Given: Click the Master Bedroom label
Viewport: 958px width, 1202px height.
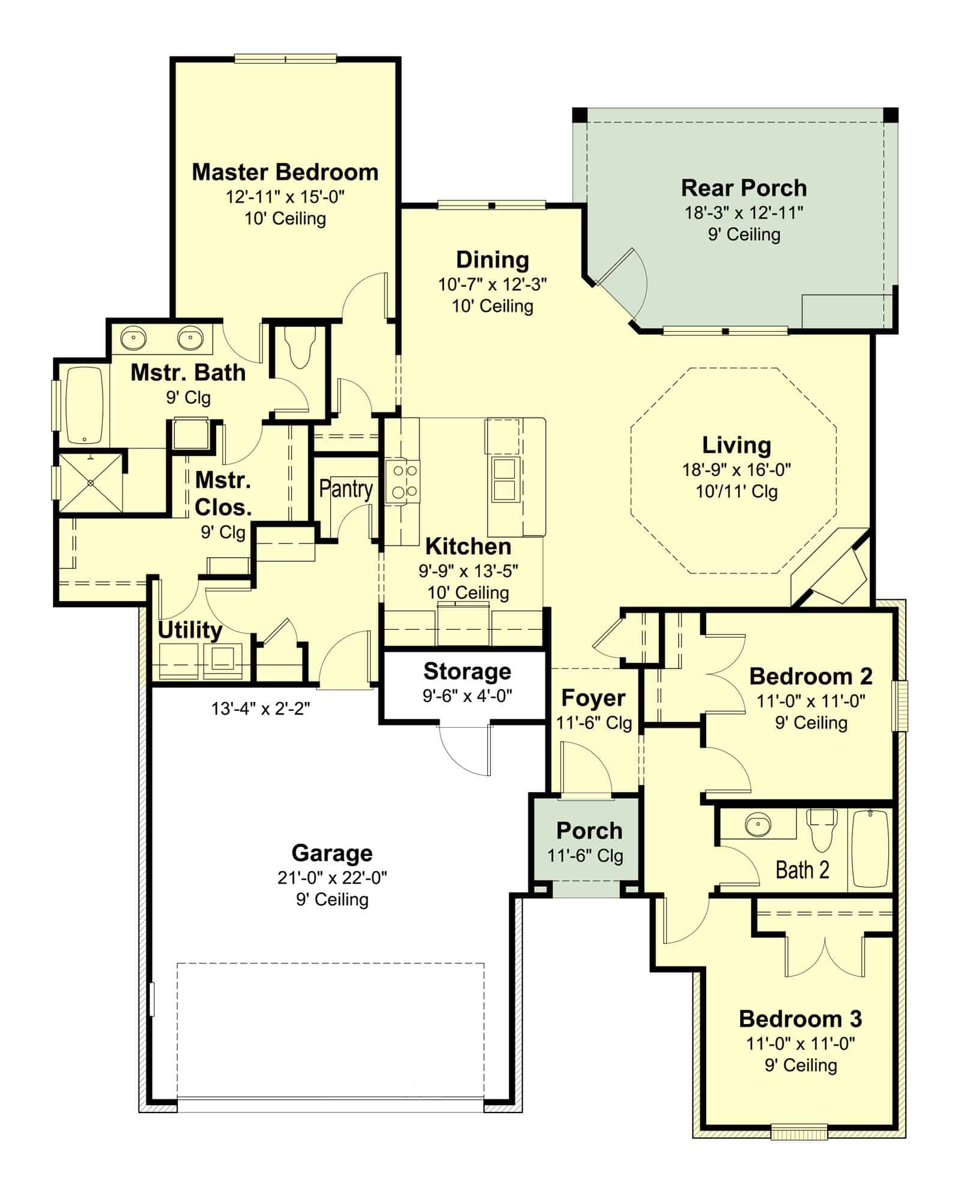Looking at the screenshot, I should (x=285, y=172).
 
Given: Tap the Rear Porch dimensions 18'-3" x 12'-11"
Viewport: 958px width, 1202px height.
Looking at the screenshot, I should (x=744, y=212).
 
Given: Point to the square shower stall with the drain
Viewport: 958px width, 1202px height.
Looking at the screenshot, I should (x=90, y=483).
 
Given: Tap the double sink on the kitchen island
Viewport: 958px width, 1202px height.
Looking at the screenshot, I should (x=503, y=480).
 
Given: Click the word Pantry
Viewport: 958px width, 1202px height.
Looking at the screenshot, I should (x=345, y=489).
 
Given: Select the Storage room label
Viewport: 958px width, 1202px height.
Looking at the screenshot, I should (x=467, y=671).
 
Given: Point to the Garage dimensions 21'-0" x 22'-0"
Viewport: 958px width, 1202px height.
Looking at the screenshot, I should (x=332, y=878).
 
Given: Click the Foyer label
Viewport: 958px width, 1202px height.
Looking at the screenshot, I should (x=593, y=698).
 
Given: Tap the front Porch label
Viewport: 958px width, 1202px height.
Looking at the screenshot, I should (x=589, y=831).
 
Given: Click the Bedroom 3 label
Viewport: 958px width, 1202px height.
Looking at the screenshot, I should (x=800, y=1019).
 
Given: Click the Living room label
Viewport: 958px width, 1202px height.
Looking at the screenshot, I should (x=736, y=445).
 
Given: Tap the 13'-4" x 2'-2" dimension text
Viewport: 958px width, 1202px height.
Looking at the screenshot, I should (x=260, y=709).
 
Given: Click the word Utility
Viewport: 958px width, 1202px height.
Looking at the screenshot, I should (x=190, y=630).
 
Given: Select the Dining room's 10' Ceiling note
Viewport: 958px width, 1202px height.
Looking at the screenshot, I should (x=492, y=307).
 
